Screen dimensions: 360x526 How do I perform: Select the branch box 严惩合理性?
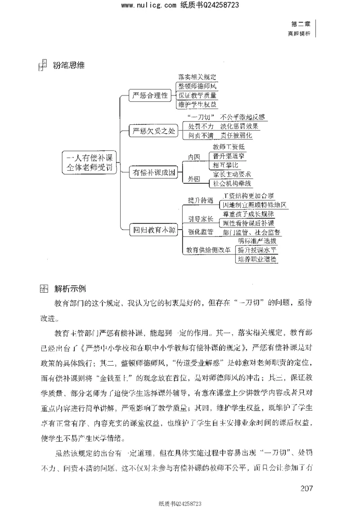coord(149,95)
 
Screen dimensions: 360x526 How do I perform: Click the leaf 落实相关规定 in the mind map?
coord(198,77)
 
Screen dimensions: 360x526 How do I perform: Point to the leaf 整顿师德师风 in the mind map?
coord(198,86)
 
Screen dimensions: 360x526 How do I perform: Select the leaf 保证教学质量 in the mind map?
coord(198,95)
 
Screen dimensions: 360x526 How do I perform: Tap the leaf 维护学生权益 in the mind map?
coord(198,104)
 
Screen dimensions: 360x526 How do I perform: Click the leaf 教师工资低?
coord(229,147)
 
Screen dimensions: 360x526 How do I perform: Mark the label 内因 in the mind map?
coord(194,157)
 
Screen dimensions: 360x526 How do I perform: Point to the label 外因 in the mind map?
coord(194,179)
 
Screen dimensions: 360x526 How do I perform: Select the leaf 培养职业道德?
coord(257,259)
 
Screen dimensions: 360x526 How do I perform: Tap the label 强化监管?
coord(201,232)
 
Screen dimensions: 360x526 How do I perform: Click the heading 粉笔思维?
coord(69,66)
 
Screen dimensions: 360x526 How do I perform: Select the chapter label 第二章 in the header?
coord(301,24)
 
